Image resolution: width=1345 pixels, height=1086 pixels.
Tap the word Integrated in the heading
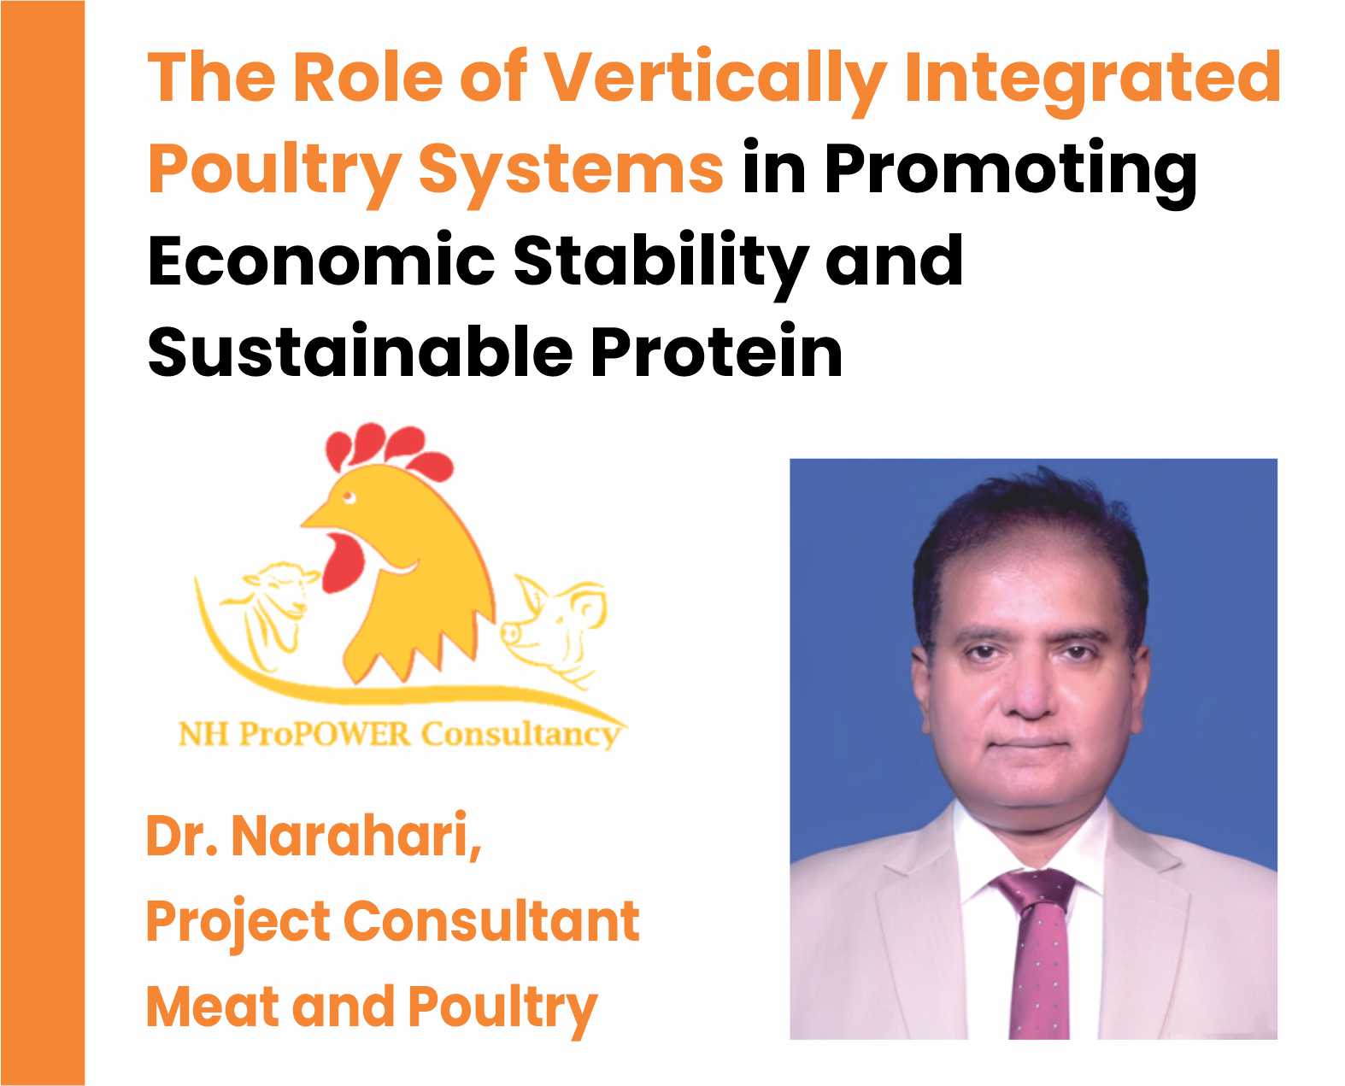pyautogui.click(x=1093, y=82)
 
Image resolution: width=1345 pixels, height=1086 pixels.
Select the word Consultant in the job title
pyautogui.click(x=491, y=921)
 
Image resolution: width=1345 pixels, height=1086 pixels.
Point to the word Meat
pyautogui.click(x=213, y=1007)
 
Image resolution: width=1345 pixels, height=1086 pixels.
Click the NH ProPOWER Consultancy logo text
pyautogui.click(x=398, y=734)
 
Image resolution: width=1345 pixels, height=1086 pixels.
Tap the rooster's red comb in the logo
pyautogui.click(x=388, y=449)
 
